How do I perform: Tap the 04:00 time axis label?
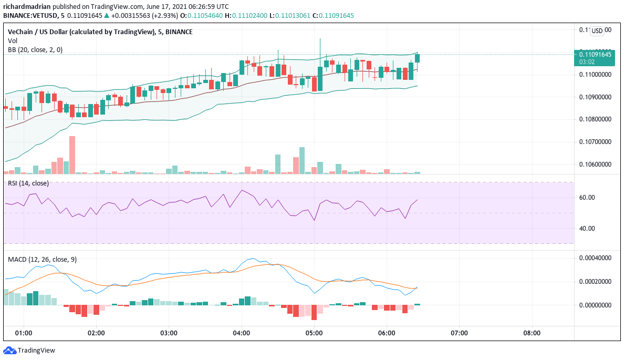point(241,333)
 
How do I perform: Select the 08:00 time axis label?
point(532,333)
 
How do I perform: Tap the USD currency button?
point(597,31)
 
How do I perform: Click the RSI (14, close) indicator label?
point(28,183)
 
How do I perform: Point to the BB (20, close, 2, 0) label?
point(35,49)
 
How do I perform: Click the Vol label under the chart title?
point(12,40)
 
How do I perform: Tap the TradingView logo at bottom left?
point(29,351)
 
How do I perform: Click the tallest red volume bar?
point(72,155)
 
